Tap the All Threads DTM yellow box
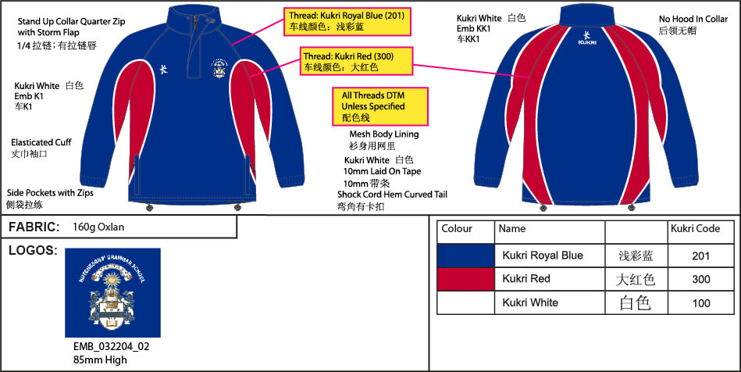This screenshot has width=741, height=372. (380, 106)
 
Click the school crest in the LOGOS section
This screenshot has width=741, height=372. (112, 292)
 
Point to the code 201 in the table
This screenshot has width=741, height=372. (700, 256)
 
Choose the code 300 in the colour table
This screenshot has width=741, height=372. (700, 279)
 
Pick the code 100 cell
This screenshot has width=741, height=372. (700, 302)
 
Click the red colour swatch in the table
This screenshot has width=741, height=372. (466, 279)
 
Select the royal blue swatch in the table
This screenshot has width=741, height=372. (466, 256)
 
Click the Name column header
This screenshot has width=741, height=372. (512, 229)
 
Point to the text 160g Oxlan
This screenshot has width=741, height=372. (98, 227)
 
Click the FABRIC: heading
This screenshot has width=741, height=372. (34, 227)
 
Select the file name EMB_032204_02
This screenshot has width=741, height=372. (106, 348)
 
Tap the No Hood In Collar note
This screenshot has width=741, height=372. (693, 19)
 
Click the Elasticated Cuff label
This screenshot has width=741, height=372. (41, 143)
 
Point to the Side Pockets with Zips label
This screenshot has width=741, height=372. (51, 191)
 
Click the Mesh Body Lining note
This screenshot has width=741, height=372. (383, 134)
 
